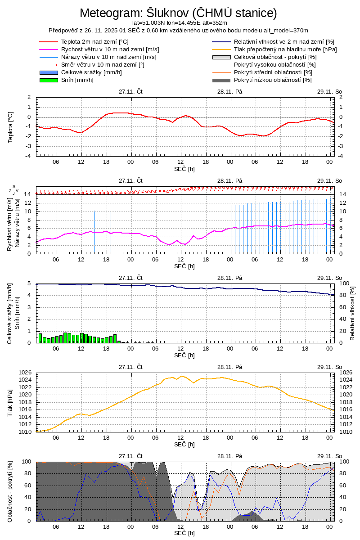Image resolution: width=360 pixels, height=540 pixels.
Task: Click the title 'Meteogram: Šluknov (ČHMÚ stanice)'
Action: tap(178, 13)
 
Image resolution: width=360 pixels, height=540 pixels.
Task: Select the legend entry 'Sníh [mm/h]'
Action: tap(77, 80)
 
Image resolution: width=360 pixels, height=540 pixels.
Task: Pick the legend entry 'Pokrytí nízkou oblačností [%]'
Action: tap(273, 80)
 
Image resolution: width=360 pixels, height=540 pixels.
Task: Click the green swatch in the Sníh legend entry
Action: tap(49, 80)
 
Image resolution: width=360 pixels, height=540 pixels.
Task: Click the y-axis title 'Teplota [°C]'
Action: tap(10, 127)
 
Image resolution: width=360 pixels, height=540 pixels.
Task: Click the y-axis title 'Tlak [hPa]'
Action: tap(10, 403)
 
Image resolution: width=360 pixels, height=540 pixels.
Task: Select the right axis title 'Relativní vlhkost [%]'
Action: tap(352, 313)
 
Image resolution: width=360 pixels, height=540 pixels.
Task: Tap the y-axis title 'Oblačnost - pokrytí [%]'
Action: tap(10, 491)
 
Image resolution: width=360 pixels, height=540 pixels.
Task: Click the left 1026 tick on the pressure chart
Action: tap(26, 373)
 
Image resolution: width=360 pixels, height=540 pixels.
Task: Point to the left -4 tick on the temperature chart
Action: tap(28, 156)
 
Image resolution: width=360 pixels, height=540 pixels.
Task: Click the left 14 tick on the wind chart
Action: tap(27, 194)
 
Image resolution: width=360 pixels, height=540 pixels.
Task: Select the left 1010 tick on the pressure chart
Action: tap(26, 432)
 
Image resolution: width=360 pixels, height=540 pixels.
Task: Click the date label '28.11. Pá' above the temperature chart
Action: tap(230, 91)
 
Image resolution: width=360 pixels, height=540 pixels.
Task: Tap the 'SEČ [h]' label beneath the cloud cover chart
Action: tap(184, 533)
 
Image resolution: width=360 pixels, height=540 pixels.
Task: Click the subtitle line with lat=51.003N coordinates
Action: tap(180, 22)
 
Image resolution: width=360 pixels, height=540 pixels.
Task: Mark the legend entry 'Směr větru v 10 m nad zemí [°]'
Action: tap(103, 65)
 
